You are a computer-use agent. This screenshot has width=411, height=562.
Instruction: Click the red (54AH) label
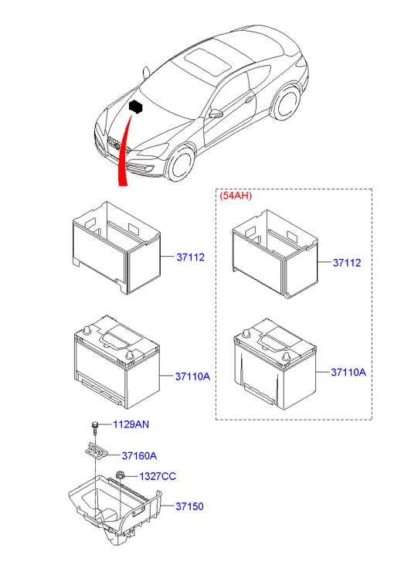235,196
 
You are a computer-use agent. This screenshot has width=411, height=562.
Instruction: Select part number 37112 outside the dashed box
189,257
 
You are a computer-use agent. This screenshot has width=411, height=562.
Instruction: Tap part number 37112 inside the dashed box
347,263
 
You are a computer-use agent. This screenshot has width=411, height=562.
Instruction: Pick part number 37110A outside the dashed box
192,376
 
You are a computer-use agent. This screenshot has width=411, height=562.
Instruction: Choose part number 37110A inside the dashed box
348,372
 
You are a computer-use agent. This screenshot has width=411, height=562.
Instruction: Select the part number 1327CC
156,475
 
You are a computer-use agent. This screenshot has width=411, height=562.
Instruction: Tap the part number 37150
189,507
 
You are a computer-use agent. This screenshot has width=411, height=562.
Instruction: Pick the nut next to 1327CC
121,475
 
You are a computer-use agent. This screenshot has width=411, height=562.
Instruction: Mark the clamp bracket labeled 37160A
93,450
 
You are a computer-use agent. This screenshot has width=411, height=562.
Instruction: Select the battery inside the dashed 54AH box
272,363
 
